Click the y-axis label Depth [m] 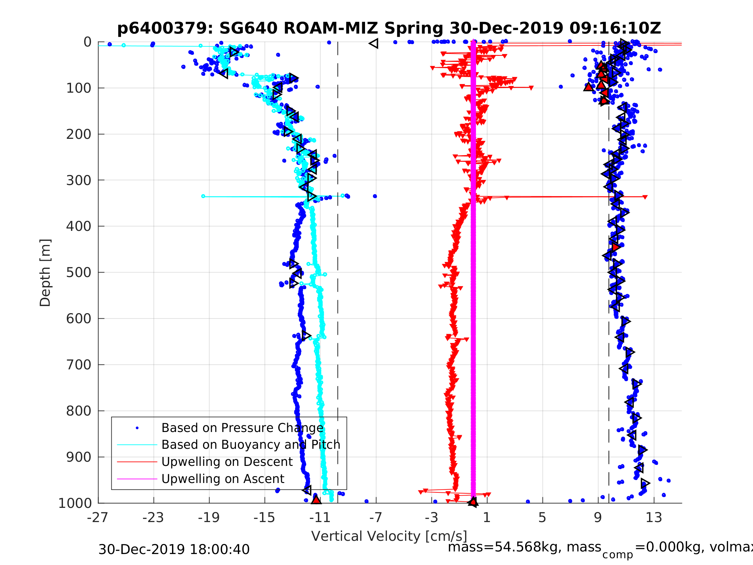[x=45, y=273]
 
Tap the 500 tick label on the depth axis [x=79, y=273]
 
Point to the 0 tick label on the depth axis [x=87, y=42]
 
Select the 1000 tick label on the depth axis [x=75, y=503]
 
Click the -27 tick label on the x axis [x=98, y=518]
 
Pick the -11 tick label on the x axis [x=320, y=518]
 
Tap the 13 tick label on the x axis [x=654, y=518]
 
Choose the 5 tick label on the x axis [x=542, y=518]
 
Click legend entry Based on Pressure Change [x=242, y=428]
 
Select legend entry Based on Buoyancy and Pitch [x=250, y=445]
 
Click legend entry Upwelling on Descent [x=227, y=462]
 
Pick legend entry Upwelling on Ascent [x=223, y=479]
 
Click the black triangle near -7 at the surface [x=374, y=44]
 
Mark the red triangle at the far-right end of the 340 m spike [x=645, y=197]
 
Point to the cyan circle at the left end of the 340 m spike [x=203, y=197]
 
